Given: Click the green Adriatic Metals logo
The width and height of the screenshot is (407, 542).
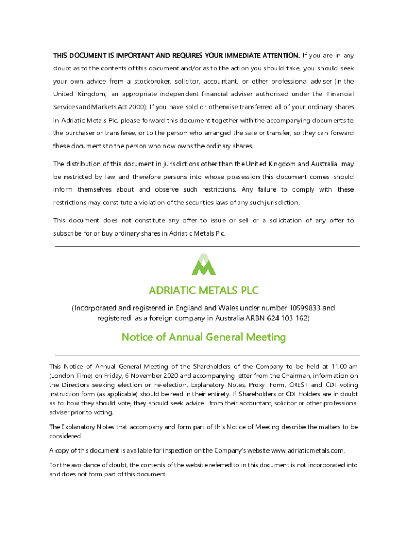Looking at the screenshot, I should tap(203, 265).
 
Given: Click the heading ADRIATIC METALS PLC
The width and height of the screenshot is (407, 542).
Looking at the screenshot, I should tap(203, 291).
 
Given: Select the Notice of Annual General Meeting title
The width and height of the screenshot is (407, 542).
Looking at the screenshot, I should tap(203, 337).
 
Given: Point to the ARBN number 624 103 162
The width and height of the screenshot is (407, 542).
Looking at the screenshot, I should tap(286, 318).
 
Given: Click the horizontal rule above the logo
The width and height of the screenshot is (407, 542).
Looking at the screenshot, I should tap(207, 246).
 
